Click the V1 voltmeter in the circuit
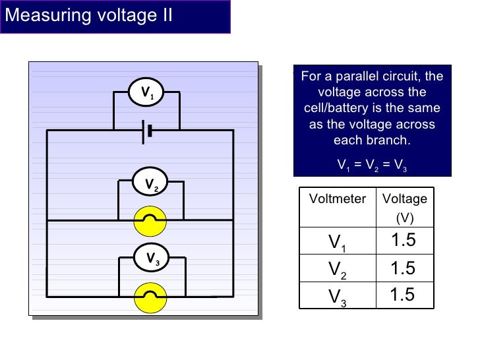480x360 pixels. coord(146,92)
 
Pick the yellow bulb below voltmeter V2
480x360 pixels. coord(150,220)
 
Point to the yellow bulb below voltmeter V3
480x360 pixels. coord(150,297)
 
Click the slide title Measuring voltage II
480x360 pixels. coord(88,15)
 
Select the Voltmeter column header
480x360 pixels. coord(337,198)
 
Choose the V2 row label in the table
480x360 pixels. coord(338,269)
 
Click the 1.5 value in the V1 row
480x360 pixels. coord(403,241)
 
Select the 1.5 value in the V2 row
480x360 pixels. coord(403,268)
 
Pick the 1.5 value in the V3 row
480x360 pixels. coord(403,295)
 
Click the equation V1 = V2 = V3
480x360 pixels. coord(372,164)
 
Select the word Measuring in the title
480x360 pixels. coord(44,15)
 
